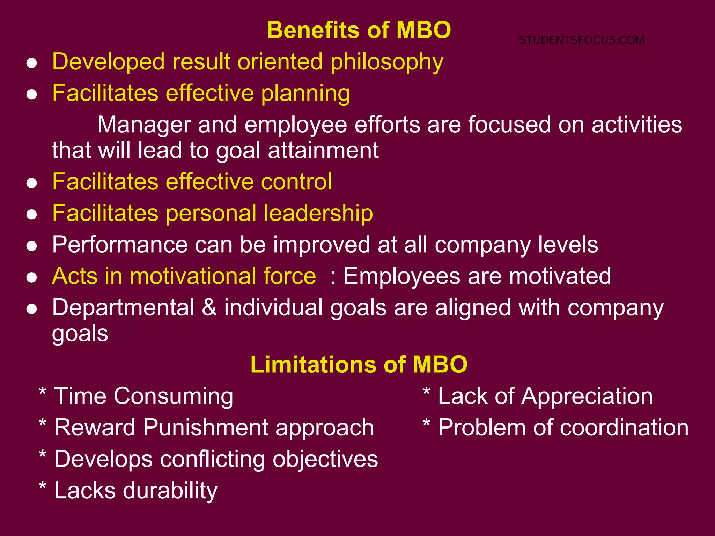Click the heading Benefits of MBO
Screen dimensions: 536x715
pos(359,30)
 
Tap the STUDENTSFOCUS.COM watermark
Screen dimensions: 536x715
pos(581,40)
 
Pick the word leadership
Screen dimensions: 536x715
pos(318,213)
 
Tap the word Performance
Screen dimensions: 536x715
pos(120,245)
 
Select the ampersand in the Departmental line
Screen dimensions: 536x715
pos(209,308)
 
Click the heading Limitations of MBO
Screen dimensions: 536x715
pos(359,365)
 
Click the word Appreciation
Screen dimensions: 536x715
pos(587,397)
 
